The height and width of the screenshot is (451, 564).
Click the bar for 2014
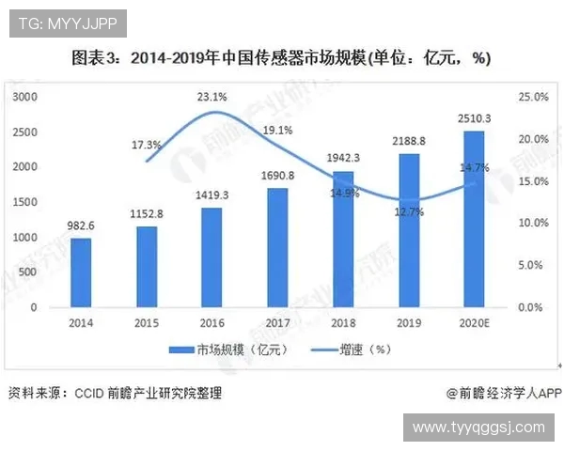tap(81, 272)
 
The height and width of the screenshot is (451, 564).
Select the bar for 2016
tap(212, 257)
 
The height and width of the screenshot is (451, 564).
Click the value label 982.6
tap(82, 226)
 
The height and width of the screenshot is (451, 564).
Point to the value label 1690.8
tap(277, 176)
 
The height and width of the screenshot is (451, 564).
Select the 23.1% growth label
tap(212, 96)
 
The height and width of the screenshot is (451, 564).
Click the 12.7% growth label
tap(410, 212)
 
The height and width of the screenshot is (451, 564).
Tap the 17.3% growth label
tap(147, 145)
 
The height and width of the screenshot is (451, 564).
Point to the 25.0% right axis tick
tap(533, 97)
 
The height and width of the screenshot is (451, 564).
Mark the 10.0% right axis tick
tap(533, 223)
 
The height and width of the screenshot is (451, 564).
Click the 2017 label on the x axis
tap(277, 323)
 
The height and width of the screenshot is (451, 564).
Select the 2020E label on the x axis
tap(475, 323)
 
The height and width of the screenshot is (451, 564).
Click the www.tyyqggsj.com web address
tap(478, 428)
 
